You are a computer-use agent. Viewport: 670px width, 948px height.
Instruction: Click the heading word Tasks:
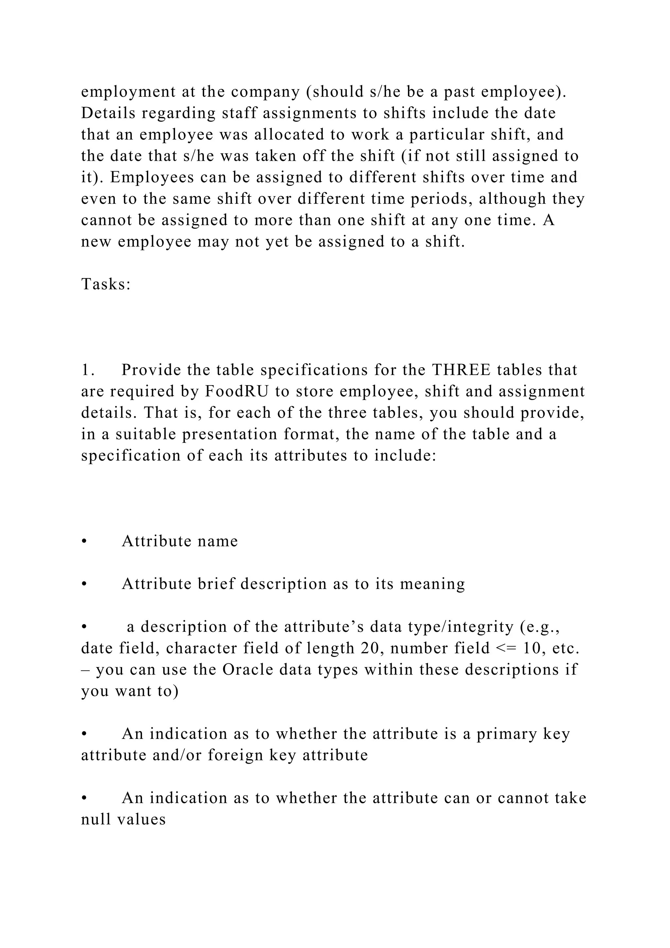tap(106, 284)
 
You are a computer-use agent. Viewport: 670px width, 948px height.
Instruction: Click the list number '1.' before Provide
tap(88, 370)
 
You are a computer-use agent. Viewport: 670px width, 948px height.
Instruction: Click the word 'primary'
tap(506, 734)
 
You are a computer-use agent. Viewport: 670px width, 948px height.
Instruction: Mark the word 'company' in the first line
tap(265, 92)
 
